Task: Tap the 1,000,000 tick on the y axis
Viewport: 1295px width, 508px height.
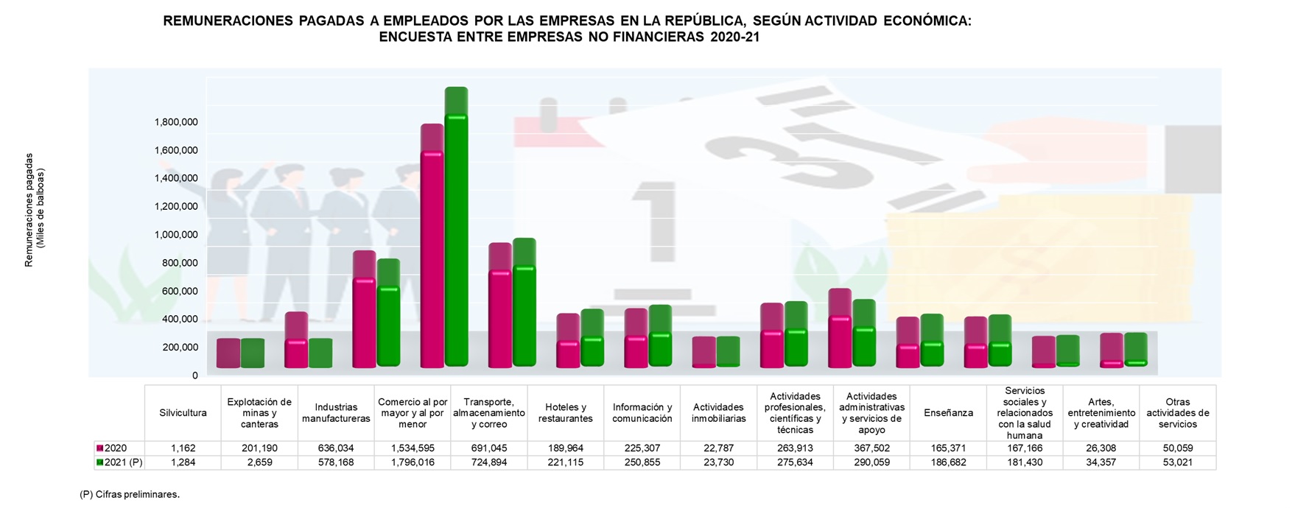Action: click(176, 235)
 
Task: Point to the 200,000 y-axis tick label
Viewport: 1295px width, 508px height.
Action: click(176, 348)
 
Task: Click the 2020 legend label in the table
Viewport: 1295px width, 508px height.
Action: click(116, 448)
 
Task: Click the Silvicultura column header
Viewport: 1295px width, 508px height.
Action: click(183, 413)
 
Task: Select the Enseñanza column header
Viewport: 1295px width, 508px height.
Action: click(948, 413)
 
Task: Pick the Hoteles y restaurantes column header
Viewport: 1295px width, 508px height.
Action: click(565, 413)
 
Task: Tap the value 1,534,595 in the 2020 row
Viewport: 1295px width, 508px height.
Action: click(413, 448)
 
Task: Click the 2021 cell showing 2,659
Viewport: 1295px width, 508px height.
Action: click(259, 463)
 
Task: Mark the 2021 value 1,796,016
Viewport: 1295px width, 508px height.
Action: click(413, 463)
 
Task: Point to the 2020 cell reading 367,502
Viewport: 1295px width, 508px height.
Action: click(871, 448)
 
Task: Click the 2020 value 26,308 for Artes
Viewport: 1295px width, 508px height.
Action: click(1101, 448)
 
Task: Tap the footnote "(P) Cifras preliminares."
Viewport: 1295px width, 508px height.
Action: click(130, 495)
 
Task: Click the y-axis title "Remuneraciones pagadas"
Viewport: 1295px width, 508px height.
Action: click(29, 210)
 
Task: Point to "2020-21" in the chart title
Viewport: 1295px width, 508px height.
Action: click(734, 38)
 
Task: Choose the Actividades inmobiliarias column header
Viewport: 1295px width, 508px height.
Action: click(718, 413)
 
